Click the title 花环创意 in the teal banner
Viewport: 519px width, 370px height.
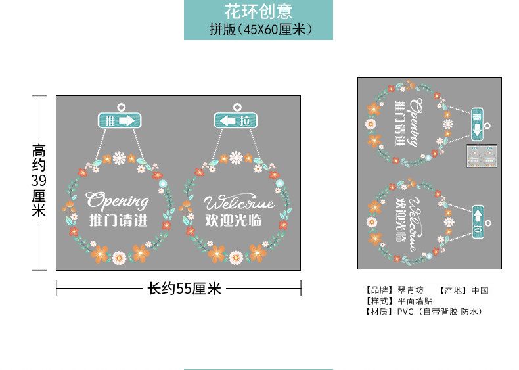point(258,11)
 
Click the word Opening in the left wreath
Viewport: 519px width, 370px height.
point(118,200)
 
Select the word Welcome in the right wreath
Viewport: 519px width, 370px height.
point(238,202)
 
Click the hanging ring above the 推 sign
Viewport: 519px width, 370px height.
point(120,106)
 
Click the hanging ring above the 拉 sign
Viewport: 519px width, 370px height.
point(237,106)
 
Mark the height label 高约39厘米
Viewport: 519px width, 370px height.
point(39,181)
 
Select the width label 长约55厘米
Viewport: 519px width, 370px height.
point(184,288)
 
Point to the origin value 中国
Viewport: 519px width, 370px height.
point(480,290)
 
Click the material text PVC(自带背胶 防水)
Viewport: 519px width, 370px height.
point(440,312)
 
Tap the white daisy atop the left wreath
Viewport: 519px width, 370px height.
point(119,157)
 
